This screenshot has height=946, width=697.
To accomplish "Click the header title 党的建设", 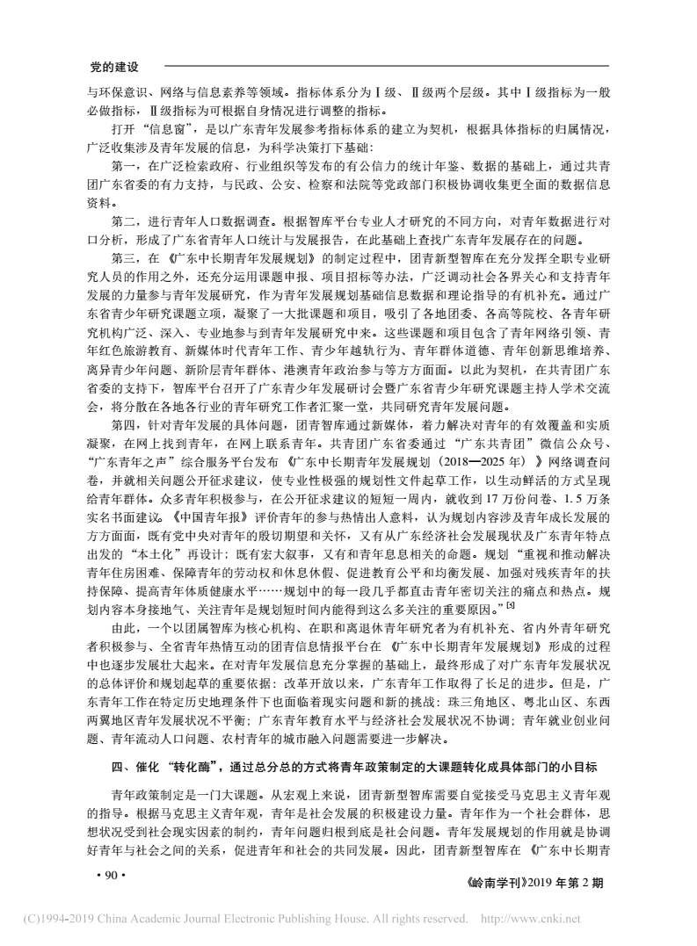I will pyautogui.click(x=116, y=67).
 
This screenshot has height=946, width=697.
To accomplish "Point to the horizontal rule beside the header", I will pyautogui.click(x=387, y=67).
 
